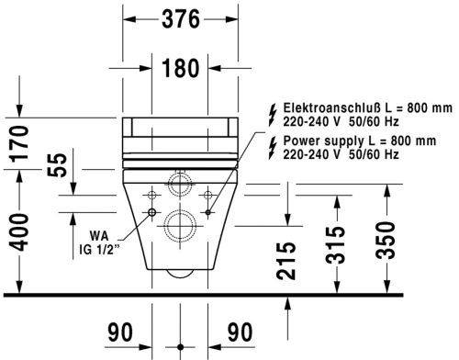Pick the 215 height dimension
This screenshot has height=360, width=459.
coord(286,260)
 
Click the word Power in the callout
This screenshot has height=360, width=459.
coord(301,141)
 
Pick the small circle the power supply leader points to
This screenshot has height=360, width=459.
coord(208,194)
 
